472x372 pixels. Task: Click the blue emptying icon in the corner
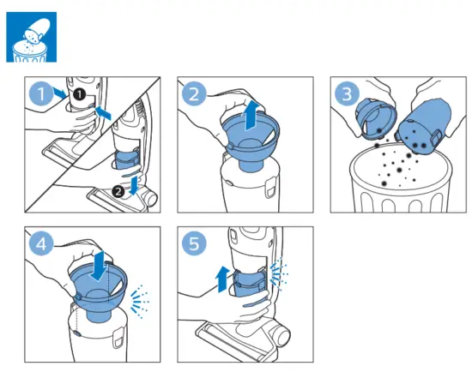coord(31,37)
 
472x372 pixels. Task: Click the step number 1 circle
coord(41,93)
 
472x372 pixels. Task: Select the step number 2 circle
coord(194,93)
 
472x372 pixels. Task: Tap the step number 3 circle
coord(347,93)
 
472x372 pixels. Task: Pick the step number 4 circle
coord(41,243)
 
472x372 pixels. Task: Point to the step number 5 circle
coord(194,243)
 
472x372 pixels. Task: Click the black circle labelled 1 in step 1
coord(79,94)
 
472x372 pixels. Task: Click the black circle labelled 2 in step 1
coord(118,191)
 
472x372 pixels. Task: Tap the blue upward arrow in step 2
coord(251,116)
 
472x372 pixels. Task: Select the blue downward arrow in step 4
coord(99,267)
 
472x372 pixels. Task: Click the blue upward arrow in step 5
coord(223,279)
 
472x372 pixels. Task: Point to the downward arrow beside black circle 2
coord(134,185)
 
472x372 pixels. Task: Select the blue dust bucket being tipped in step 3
coord(425,126)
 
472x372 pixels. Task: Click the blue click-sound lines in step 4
coord(140,301)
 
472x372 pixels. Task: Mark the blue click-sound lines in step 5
coord(279,273)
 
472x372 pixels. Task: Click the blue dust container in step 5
coord(250,284)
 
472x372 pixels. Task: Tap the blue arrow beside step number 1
coord(59,93)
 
